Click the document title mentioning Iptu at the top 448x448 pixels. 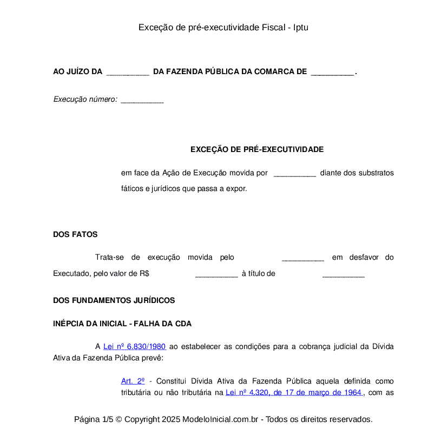223,27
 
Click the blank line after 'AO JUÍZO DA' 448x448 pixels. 128,72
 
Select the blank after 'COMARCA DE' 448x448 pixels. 332,72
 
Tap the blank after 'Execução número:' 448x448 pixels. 142,100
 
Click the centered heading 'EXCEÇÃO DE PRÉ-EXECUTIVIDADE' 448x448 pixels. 257,149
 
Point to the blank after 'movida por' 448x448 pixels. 295,174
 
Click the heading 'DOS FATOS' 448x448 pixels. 75,234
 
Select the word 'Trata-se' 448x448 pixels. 109,258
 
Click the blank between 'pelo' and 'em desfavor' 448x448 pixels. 303,258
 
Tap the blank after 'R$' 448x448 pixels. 216,274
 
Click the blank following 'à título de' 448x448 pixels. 344,274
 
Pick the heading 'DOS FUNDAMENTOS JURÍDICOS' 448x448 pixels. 114,300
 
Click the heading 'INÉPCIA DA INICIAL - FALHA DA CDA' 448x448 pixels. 122,324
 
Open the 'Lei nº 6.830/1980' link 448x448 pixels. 134,347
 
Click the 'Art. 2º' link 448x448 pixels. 133,381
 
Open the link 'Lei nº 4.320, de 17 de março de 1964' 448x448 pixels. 293,393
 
